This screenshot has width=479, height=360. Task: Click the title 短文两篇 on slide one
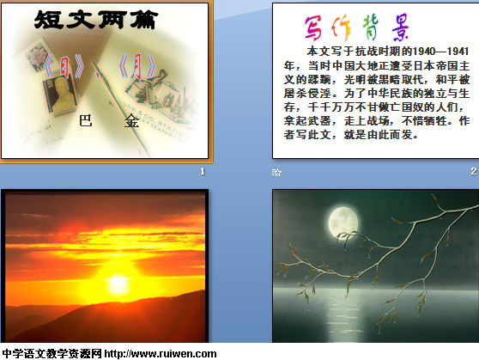[96, 20]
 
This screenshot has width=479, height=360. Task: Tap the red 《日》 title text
[64, 66]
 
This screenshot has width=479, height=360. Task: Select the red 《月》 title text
[137, 66]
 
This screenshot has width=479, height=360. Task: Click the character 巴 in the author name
[86, 120]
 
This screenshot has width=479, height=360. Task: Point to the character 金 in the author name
[131, 121]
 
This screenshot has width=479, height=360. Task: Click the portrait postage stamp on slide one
[60, 95]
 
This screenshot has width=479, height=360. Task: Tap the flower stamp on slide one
[37, 56]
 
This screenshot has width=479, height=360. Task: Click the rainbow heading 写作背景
[356, 27]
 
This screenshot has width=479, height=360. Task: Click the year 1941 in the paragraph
[458, 52]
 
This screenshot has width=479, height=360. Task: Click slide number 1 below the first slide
[203, 171]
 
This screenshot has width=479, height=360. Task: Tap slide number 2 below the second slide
[473, 171]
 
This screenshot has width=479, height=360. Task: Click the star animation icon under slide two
[276, 173]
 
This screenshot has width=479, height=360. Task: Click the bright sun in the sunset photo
[118, 283]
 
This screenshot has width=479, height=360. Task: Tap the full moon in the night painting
[343, 222]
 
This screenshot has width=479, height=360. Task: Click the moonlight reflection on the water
[344, 315]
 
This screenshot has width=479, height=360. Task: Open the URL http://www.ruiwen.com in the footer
[161, 354]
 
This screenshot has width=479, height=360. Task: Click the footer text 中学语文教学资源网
[52, 354]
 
